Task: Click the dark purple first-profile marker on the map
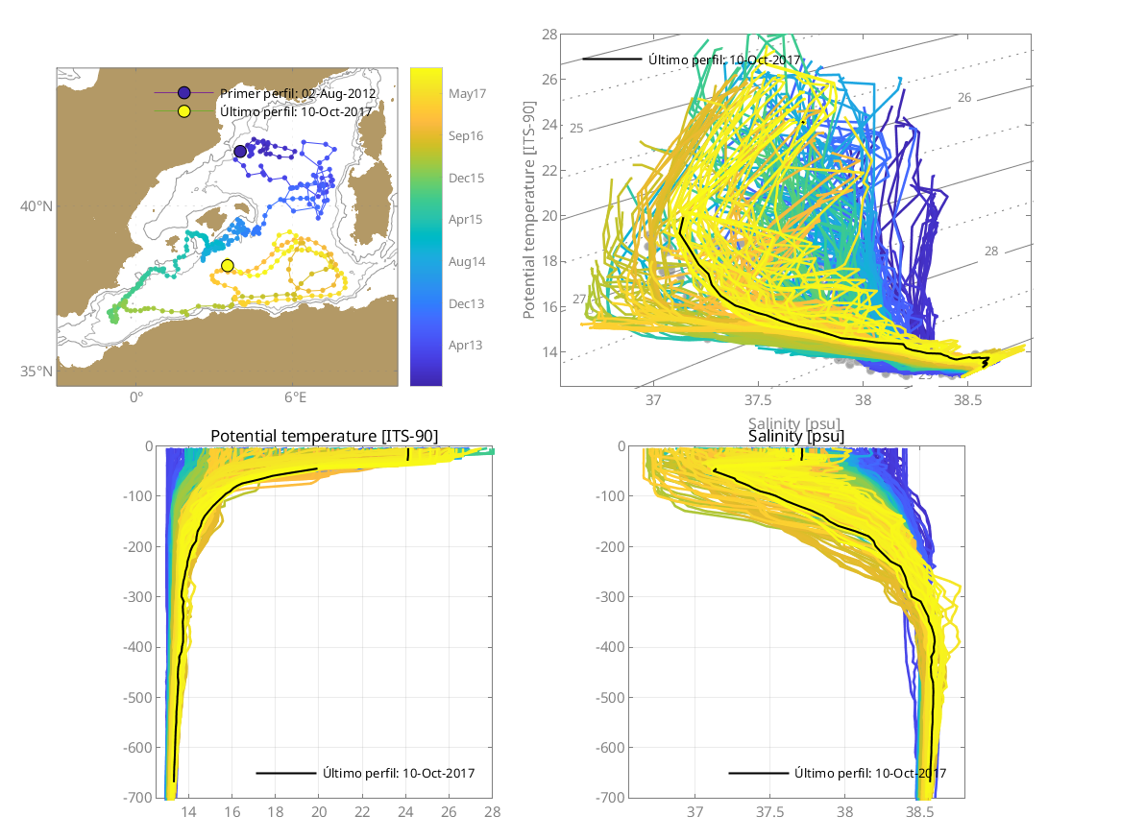pos(240,151)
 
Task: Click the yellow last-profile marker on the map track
pos(228,265)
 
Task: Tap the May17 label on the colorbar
pos(467,94)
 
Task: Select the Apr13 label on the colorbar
pos(466,345)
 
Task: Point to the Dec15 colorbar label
pos(466,178)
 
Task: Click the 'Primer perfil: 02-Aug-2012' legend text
pos(297,93)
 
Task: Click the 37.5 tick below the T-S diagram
pos(759,399)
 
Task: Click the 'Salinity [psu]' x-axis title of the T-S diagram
pos(796,422)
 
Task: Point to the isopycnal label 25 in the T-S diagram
pos(576,128)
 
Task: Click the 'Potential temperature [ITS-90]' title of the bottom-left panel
pos(324,437)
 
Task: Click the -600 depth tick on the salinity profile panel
pos(600,747)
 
